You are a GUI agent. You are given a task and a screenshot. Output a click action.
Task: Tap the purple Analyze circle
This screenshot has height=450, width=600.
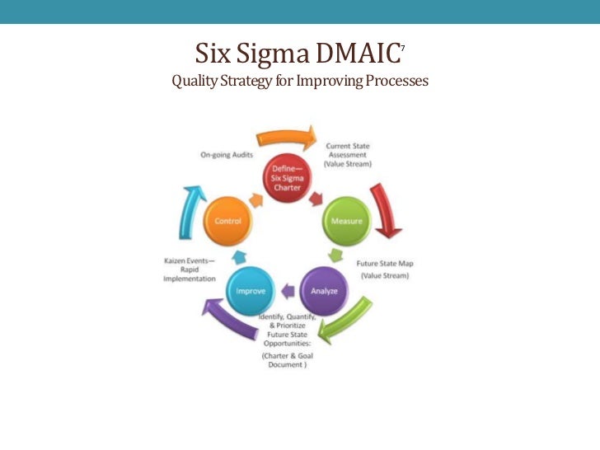coord(323,289)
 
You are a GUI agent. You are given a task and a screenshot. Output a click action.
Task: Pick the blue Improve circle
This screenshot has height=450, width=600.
coord(250,290)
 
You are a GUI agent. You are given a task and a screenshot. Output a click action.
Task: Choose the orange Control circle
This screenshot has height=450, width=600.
coord(227,222)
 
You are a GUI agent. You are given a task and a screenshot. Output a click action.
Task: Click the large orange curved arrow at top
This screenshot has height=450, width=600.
coord(285,136)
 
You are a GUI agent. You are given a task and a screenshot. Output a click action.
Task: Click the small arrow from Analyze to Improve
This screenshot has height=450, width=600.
coord(287,289)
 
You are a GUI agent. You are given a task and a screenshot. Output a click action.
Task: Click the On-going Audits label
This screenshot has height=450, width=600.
coord(226,155)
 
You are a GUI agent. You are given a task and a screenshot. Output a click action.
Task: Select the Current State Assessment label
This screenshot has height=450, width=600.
coord(348,155)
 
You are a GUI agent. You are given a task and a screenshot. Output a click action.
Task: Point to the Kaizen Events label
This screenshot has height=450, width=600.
coord(190,270)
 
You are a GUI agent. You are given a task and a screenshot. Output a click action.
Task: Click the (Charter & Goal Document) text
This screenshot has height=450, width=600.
coord(287,360)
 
